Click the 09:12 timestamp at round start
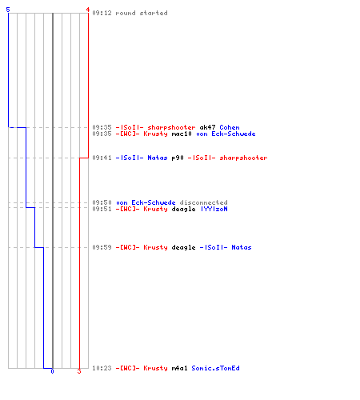point(102,13)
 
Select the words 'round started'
point(142,13)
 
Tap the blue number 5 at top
point(8,10)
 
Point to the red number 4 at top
point(88,10)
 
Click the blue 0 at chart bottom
point(52,371)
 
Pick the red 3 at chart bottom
point(79,371)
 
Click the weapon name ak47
point(207,127)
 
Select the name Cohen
point(230,127)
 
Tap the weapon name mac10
point(182,134)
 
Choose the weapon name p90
point(178,158)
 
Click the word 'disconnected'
point(203,202)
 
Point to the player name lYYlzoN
point(214,209)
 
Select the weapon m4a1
point(179,368)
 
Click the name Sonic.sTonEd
point(215,368)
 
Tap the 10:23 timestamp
point(102,368)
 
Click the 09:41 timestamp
point(102,158)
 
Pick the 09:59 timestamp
point(102,247)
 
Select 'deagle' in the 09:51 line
point(183,209)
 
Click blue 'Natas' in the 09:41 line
point(158,158)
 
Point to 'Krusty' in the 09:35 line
point(155,134)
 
